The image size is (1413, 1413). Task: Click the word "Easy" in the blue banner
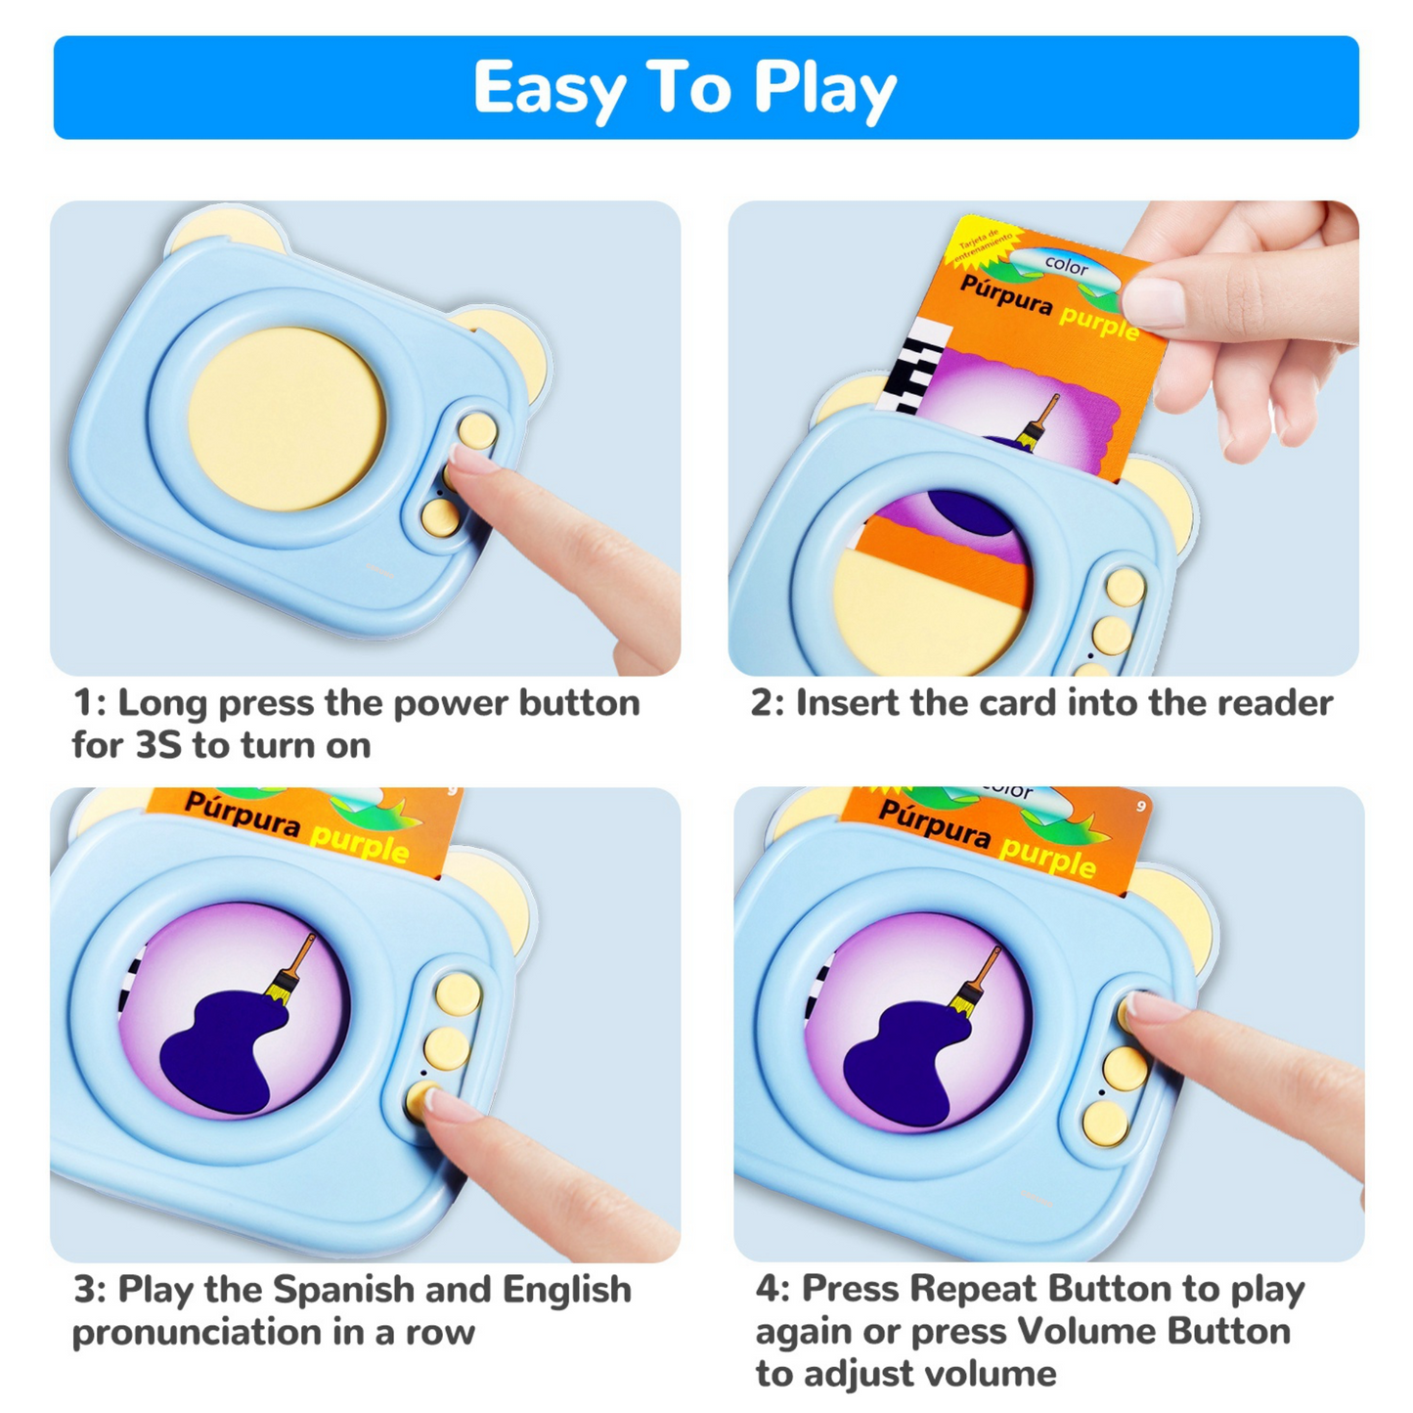point(549,89)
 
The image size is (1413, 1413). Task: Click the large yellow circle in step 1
point(287,419)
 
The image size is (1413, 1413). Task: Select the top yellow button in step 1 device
point(477,430)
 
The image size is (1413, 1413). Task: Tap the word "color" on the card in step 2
point(1066,265)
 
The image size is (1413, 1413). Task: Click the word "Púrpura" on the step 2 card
point(1006,295)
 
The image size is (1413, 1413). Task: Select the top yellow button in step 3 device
point(458,994)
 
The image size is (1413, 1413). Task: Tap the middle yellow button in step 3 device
point(446,1047)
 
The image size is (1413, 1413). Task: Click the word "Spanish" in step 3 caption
point(342,1290)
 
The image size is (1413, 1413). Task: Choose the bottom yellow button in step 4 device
point(1105,1122)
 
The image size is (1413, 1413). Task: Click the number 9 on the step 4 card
point(1140,806)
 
